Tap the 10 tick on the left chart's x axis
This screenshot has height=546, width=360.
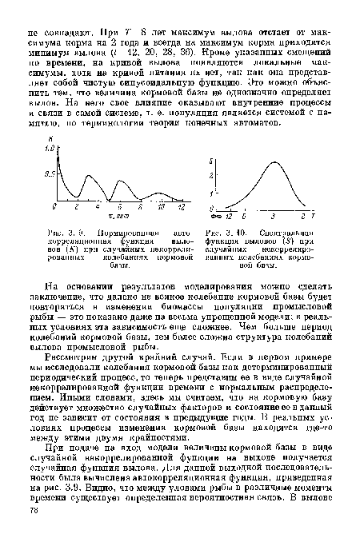click(x=160, y=206)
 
